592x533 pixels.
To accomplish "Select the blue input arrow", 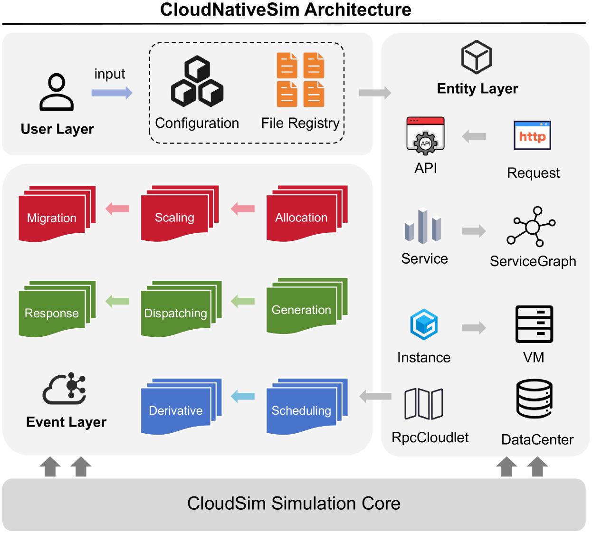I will click(x=112, y=93).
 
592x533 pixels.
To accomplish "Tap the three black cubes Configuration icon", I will click(x=197, y=81).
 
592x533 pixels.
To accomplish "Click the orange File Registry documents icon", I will click(x=301, y=80).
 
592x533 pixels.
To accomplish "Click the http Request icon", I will click(x=532, y=136).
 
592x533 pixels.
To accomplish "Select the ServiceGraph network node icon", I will click(x=532, y=227).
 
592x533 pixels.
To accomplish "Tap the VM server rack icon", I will click(x=534, y=324).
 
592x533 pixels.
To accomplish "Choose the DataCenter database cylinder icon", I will click(x=535, y=399).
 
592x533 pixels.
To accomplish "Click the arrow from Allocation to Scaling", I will click(x=243, y=209).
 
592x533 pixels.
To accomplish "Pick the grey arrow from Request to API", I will click(x=474, y=137).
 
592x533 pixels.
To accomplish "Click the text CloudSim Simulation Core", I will click(x=294, y=504).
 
